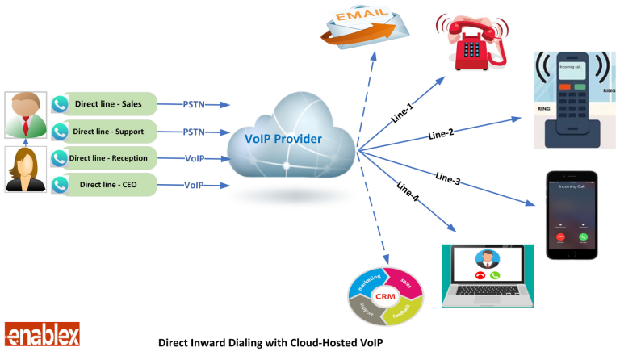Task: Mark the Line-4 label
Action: [x=408, y=192]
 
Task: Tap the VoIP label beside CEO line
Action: [x=195, y=185]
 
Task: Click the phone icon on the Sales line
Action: [x=59, y=104]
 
